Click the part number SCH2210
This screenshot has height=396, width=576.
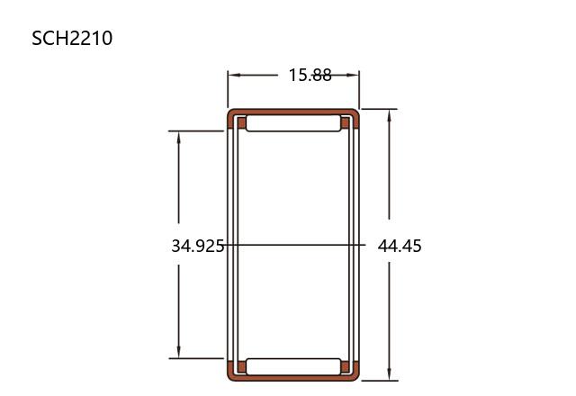pos(72,38)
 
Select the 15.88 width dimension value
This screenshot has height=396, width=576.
pos(310,75)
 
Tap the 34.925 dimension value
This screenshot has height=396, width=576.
pos(198,246)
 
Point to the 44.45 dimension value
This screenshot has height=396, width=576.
pos(400,246)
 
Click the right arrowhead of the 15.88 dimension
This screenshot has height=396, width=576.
pos(353,75)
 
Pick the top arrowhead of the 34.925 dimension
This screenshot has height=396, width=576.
pos(179,137)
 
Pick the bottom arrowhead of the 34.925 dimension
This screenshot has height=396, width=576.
pos(179,352)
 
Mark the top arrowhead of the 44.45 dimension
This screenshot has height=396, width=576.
pos(390,115)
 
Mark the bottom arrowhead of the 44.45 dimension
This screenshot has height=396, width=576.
pos(390,374)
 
